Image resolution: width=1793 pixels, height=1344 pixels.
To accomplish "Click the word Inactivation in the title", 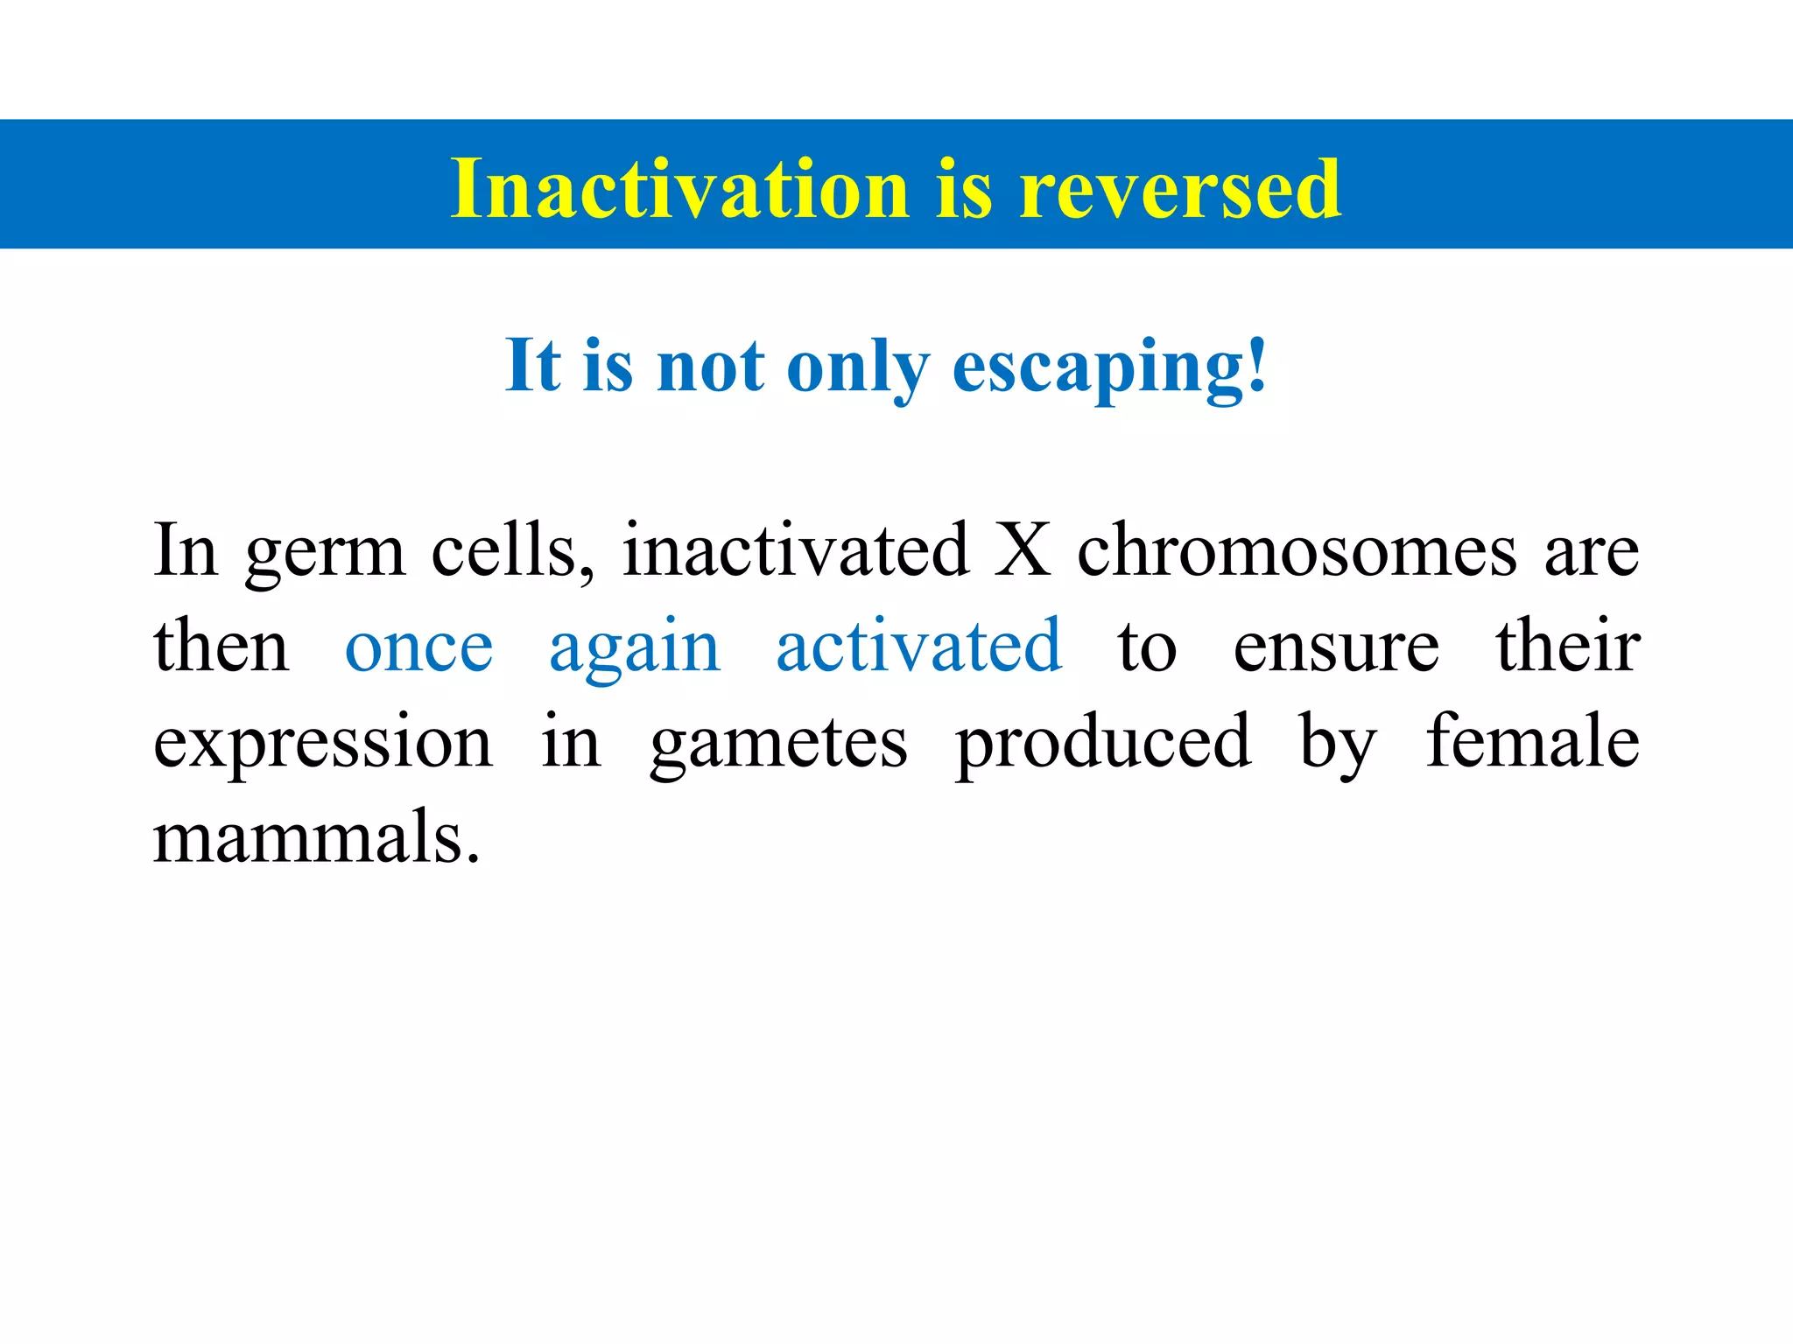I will pyautogui.click(x=679, y=188).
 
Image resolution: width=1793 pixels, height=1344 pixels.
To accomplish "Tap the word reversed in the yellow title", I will pyautogui.click(x=1179, y=188).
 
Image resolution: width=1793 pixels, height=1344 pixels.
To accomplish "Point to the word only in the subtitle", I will pyautogui.click(x=858, y=367).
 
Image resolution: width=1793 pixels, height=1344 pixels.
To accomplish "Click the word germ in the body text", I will pyautogui.click(x=324, y=553).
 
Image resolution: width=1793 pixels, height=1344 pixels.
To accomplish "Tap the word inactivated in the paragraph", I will pyautogui.click(x=795, y=551).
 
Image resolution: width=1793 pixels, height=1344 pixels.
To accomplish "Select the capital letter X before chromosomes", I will pyautogui.click(x=1022, y=551).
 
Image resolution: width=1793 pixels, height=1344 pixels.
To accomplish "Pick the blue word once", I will pyautogui.click(x=418, y=647).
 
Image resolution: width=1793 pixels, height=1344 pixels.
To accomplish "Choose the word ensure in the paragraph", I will pyautogui.click(x=1335, y=647).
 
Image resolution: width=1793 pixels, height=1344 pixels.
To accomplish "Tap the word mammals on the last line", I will pyautogui.click(x=316, y=836).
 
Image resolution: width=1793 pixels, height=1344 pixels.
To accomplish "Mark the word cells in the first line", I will pyautogui.click(x=512, y=551).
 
